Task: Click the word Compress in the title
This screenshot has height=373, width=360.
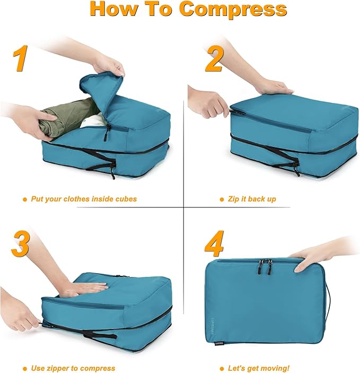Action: [233, 10]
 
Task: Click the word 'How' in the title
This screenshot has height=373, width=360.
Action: [114, 10]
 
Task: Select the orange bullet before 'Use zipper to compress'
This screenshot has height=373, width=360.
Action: [25, 368]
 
